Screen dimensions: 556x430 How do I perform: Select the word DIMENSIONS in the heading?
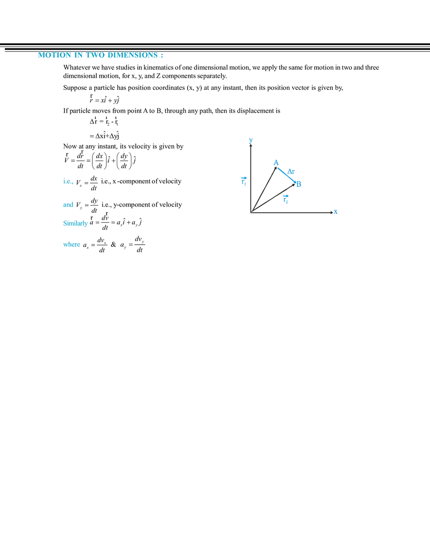(129, 56)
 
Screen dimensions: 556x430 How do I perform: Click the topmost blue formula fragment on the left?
(68, 182)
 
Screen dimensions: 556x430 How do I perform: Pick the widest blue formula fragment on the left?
(76, 224)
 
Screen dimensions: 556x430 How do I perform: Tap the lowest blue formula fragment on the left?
(71, 245)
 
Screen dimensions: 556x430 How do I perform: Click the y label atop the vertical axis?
(250, 141)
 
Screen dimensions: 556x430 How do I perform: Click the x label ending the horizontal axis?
(336, 211)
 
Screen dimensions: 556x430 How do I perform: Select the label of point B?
(299, 184)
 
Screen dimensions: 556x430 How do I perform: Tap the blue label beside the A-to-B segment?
(291, 172)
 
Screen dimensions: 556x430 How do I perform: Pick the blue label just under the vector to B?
(286, 199)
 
